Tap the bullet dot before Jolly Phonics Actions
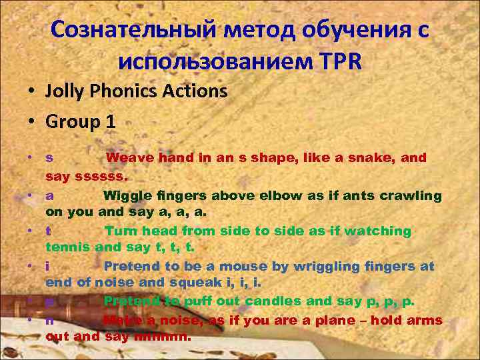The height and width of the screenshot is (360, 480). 32,91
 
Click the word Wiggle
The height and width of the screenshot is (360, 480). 127,195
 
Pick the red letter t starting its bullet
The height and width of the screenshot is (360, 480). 49,231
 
